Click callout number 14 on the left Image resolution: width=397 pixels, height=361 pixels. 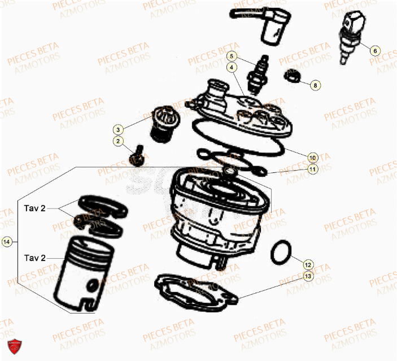click(x=7, y=242)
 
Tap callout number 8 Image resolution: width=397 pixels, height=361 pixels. click(x=316, y=85)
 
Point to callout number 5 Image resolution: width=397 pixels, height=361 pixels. click(x=231, y=56)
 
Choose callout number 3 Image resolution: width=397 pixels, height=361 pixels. click(x=118, y=129)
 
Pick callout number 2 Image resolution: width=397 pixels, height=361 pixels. click(x=118, y=141)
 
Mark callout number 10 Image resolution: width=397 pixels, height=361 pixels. click(x=312, y=156)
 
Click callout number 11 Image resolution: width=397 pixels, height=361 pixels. click(x=312, y=168)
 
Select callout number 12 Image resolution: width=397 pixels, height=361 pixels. click(x=308, y=264)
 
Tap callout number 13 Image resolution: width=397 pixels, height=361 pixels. click(x=308, y=276)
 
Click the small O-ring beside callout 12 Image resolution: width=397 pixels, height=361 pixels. click(x=280, y=252)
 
